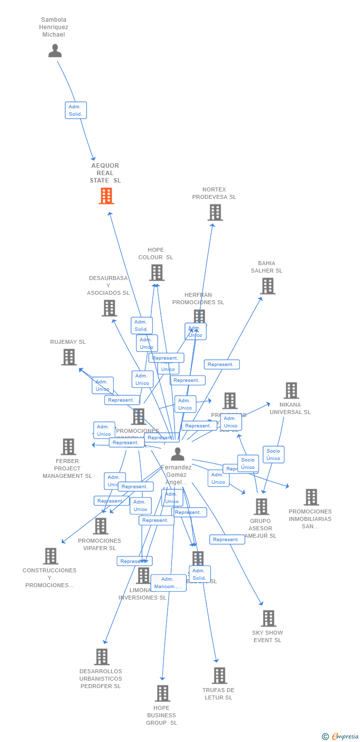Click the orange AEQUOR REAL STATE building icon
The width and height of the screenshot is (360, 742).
[106, 196]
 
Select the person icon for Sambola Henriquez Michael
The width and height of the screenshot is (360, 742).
[55, 50]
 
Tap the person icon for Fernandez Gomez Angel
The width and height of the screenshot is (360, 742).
[177, 454]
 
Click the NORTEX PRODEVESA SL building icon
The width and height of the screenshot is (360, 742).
[215, 212]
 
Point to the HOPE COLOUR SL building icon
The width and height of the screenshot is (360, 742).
[157, 273]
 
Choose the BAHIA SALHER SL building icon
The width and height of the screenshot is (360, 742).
[268, 286]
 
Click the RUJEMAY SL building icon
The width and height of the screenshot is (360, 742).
[69, 357]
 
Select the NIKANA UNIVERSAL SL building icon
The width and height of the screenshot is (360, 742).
[291, 390]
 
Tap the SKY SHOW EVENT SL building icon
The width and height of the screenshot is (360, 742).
[269, 618]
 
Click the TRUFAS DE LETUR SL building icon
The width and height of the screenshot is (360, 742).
[219, 675]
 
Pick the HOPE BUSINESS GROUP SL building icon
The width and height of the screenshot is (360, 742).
[163, 693]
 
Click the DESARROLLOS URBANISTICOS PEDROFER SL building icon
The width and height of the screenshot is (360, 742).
[101, 657]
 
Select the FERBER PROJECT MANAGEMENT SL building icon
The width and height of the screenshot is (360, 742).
[68, 447]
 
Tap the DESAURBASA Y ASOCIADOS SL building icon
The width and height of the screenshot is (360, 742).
[109, 308]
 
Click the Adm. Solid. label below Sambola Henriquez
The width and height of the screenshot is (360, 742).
[76, 110]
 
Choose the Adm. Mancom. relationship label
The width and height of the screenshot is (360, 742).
[168, 583]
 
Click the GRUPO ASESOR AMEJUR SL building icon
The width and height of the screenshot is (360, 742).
[261, 507]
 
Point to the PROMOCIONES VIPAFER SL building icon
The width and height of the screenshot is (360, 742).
[100, 526]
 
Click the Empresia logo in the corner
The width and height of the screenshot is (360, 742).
[341, 737]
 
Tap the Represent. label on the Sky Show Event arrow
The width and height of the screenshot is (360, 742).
[227, 540]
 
